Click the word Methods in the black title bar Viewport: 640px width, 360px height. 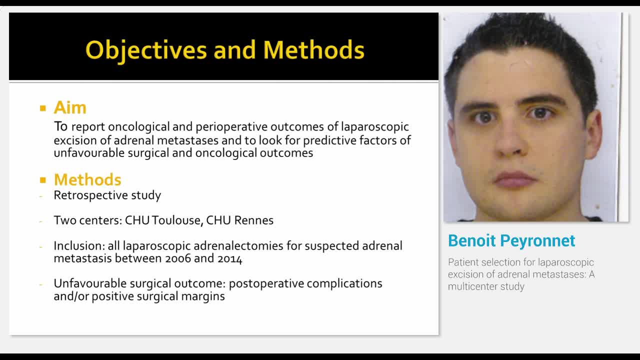[x=313, y=49]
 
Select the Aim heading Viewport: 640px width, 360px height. [x=70, y=107]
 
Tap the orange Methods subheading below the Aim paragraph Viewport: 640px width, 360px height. [x=87, y=179]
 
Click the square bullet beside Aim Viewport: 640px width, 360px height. [x=43, y=108]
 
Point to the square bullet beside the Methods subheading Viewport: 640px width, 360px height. [x=43, y=180]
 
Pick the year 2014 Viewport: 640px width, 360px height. [x=229, y=258]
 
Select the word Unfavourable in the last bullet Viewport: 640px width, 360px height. [x=90, y=283]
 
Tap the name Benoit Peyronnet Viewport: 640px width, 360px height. [x=511, y=240]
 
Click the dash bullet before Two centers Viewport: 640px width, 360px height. [x=41, y=221]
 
